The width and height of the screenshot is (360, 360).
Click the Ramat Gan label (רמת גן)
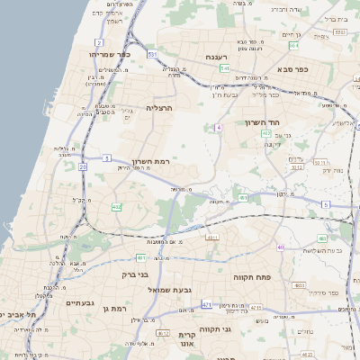112,309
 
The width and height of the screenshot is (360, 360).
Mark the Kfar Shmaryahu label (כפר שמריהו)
107,55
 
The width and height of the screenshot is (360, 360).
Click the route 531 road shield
152,55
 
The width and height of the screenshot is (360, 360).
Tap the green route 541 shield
225,68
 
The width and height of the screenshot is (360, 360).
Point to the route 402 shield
265,133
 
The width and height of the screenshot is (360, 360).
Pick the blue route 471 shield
206,305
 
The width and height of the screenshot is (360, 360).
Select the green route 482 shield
117,207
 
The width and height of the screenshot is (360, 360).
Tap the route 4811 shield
212,238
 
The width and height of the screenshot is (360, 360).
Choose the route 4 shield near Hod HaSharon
218,128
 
